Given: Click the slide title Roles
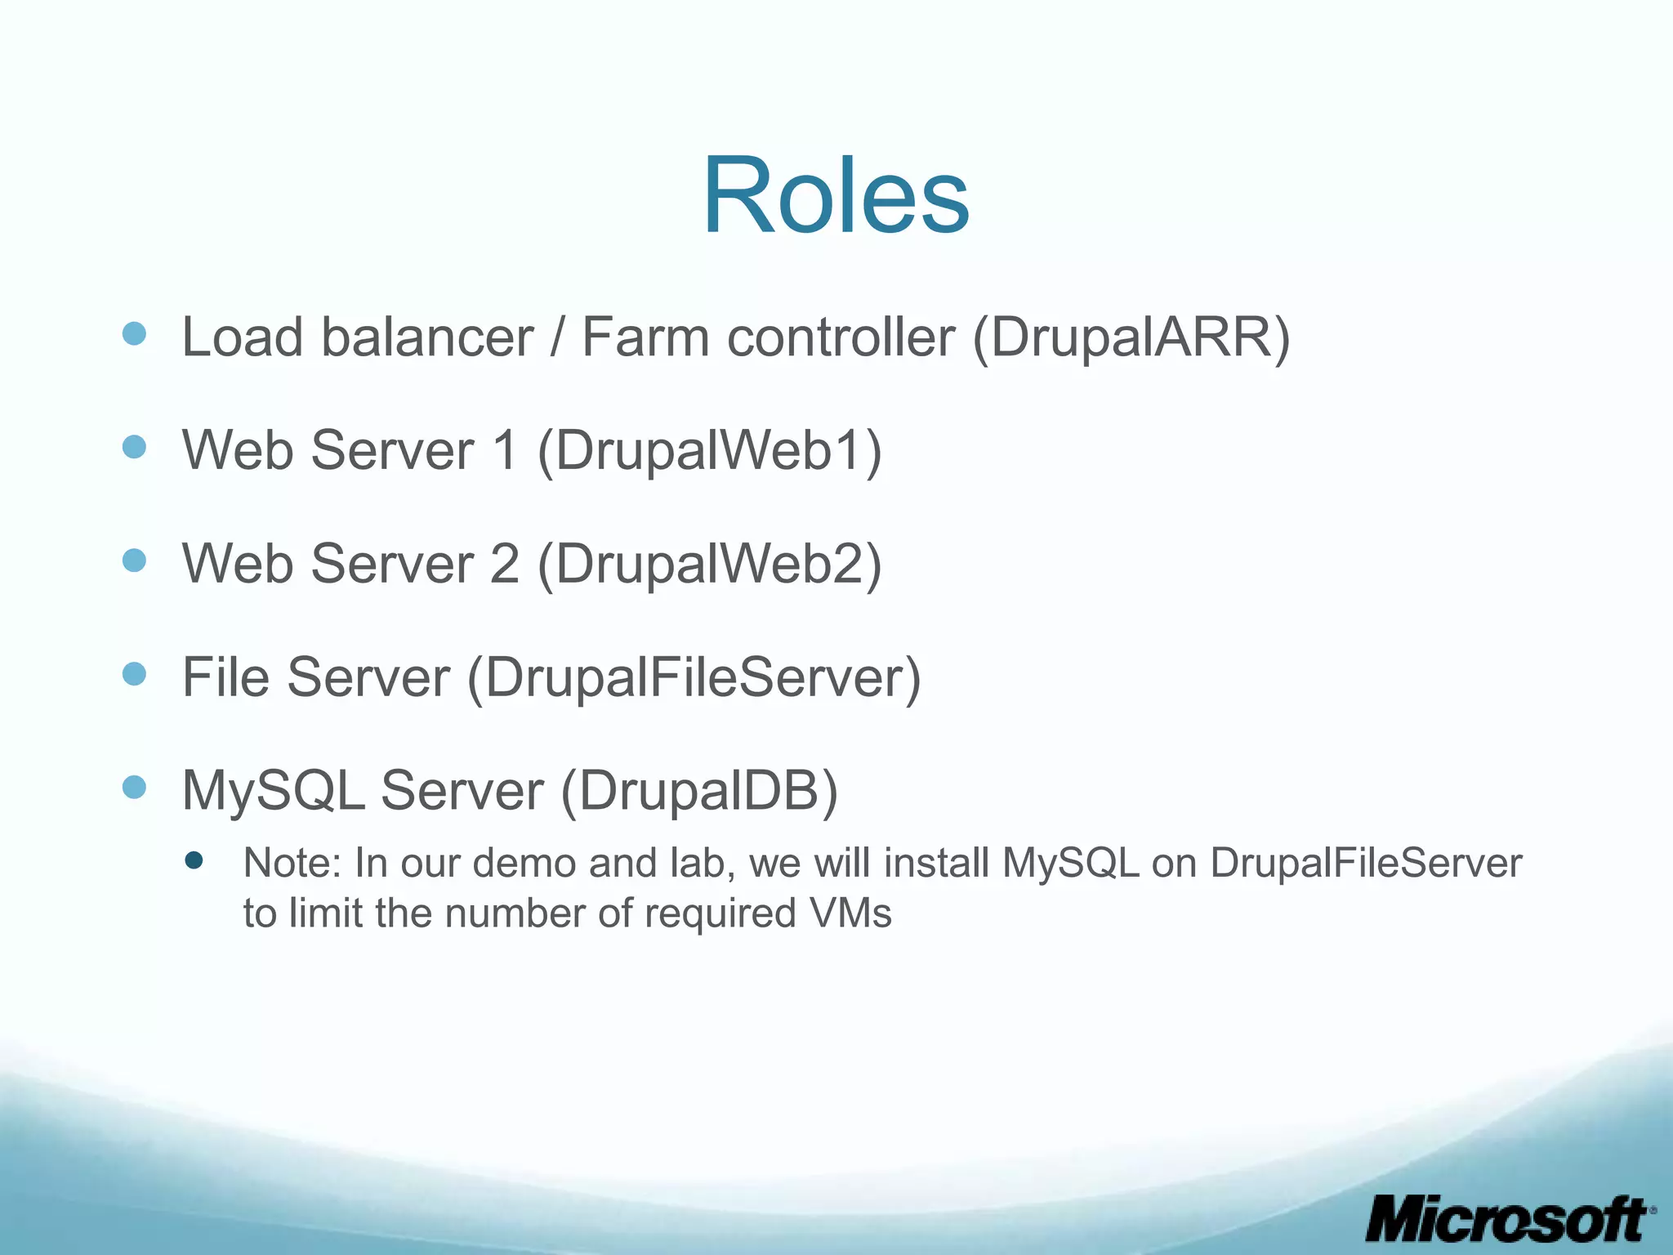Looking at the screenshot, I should pos(836,196).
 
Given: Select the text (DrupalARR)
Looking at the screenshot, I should pos(1131,337).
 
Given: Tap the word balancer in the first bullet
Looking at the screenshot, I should pos(426,337).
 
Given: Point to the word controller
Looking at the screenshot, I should pos(841,337).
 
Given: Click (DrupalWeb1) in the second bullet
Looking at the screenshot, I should pos(709,450).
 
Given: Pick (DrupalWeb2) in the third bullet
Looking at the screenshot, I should pos(709,564).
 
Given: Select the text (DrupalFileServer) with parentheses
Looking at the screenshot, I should pos(694,677).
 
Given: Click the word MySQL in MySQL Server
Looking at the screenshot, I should pos(273,791).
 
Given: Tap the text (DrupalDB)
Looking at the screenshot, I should pos(699,791).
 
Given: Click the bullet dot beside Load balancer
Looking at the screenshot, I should pos(134,333).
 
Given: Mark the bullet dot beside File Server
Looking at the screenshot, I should pos(134,674).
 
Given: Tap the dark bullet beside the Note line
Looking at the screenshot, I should pos(194,860).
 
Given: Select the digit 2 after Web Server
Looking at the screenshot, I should pos(504,564).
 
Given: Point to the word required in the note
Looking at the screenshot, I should pos(720,913).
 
